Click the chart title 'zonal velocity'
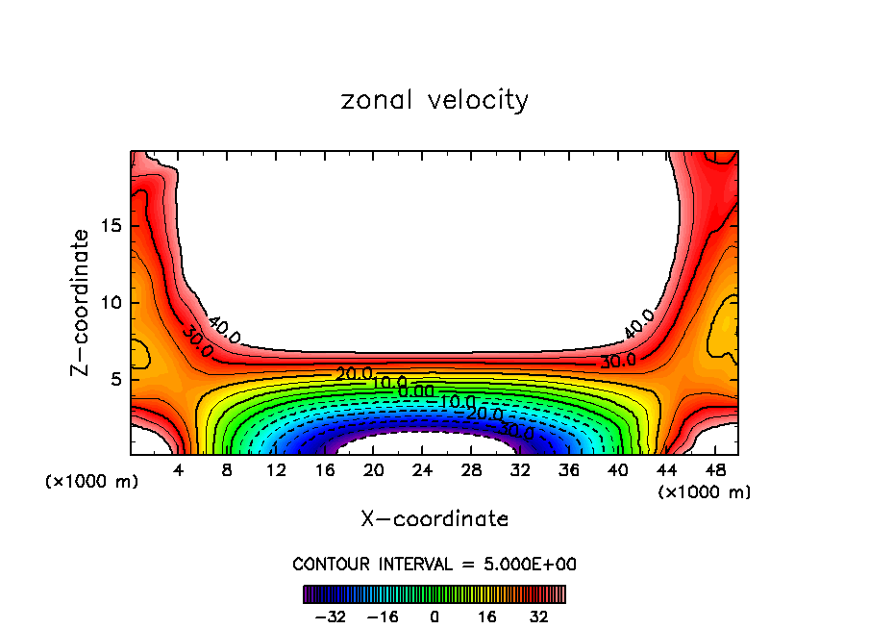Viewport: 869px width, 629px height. (434, 99)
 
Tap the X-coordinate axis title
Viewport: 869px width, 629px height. (434, 518)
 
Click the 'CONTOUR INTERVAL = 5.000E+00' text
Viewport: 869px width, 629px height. (434, 564)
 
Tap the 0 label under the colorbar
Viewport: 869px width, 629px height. (434, 615)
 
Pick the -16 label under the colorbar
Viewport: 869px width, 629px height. (384, 615)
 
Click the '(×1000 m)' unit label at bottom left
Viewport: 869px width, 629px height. (92, 481)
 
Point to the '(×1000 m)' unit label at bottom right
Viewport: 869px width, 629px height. (705, 491)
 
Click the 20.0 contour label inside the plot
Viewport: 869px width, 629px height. (354, 373)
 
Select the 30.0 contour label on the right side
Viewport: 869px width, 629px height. (617, 362)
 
